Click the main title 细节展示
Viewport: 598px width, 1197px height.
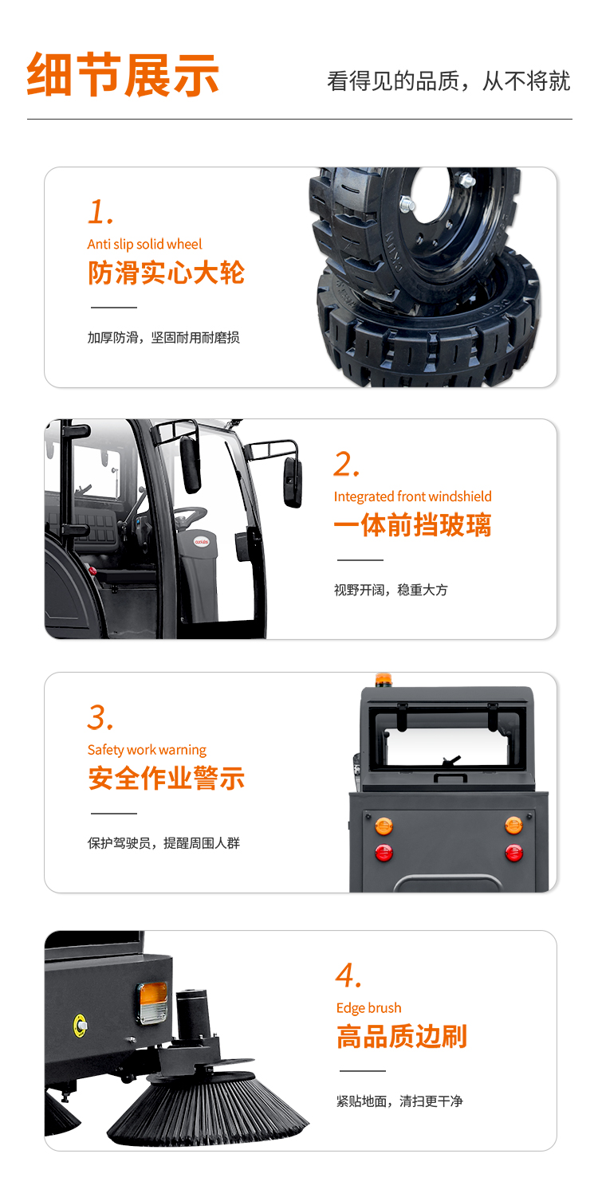[x=123, y=75]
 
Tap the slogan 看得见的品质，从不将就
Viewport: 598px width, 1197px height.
[x=448, y=81]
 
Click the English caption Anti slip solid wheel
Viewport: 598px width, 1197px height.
[x=145, y=244]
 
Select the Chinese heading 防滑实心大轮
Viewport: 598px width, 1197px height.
[x=166, y=273]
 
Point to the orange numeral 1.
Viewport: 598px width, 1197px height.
[x=100, y=212]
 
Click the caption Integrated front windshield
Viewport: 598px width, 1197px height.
[x=412, y=496]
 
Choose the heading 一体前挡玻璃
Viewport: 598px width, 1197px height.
[x=412, y=524]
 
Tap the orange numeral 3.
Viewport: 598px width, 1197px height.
[x=100, y=717]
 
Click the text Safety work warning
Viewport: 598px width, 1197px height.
[x=147, y=750]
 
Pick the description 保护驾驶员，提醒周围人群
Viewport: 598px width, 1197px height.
[x=163, y=842]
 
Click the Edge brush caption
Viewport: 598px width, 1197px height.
[x=368, y=1008]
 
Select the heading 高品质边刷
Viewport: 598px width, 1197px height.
[x=402, y=1037]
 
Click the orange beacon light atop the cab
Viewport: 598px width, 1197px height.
[x=384, y=680]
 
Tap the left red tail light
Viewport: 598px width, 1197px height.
[x=384, y=853]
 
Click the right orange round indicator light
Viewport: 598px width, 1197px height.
[x=513, y=826]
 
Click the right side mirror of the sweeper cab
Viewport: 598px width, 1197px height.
[x=293, y=482]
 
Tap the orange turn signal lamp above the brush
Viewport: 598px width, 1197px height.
[x=153, y=1003]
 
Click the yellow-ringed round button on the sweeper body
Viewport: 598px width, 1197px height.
[x=80, y=1025]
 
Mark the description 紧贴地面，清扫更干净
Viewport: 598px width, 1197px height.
[x=399, y=1101]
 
